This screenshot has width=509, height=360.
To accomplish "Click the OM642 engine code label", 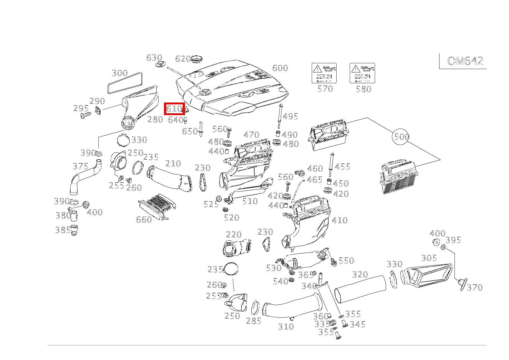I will tap(465, 61).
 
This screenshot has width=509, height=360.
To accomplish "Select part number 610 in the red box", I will tap(174, 109).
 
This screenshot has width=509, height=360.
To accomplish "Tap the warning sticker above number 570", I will tap(324, 73).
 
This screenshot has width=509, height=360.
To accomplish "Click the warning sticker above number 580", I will tap(362, 73).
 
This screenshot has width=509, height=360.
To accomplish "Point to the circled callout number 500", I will tap(401, 137).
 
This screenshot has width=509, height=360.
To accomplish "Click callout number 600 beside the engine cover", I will tap(280, 68).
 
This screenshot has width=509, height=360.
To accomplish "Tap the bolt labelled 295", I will tap(84, 115).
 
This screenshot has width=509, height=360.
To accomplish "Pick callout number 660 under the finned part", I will tap(144, 220).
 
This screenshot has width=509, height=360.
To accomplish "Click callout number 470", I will tap(251, 135).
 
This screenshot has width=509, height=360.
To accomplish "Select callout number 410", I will tap(339, 220).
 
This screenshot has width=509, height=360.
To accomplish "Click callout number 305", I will tap(429, 258).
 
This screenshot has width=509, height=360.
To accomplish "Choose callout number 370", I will tap(474, 287).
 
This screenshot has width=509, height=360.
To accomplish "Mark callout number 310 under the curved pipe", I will tap(286, 327).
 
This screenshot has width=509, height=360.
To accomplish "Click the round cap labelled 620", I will tap(197, 59).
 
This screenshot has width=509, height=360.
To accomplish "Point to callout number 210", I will tap(173, 164).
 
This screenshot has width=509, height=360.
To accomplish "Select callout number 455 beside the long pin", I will tap(342, 167).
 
